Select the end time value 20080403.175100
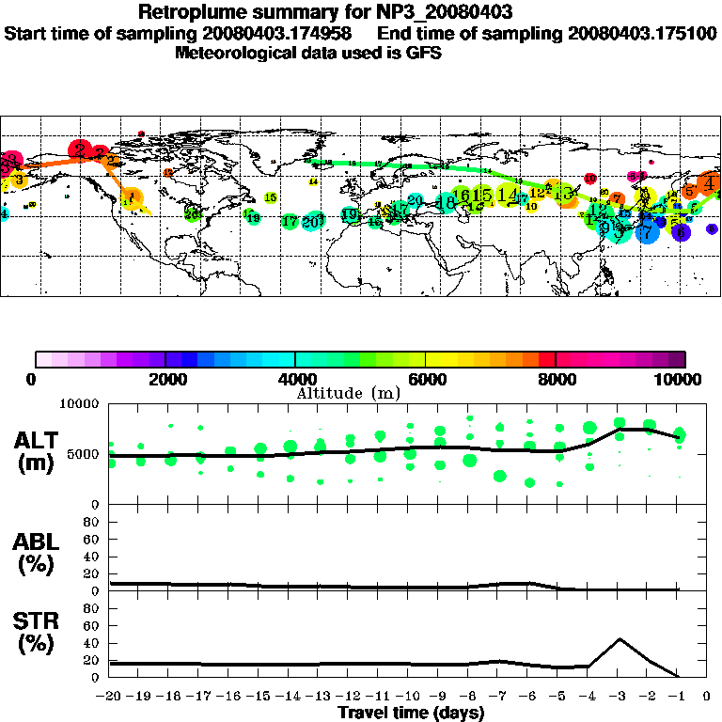pos(642,33)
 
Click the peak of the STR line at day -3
pos(619,639)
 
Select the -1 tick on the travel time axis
pos(678,697)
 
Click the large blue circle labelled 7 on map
pos(647,230)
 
